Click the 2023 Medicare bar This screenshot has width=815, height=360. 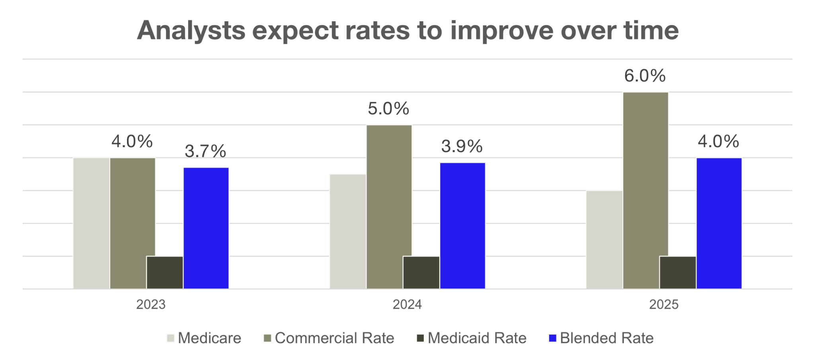(x=91, y=223)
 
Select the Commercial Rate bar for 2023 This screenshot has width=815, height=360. (x=133, y=223)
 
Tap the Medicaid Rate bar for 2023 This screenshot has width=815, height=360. (x=165, y=272)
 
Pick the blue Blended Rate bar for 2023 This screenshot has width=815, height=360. (x=206, y=228)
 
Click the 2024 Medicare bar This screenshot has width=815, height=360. (x=347, y=231)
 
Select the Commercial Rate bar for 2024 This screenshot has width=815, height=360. (x=389, y=207)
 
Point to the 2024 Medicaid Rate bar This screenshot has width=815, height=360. (x=421, y=272)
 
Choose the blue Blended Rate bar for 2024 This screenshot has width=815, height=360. (x=462, y=226)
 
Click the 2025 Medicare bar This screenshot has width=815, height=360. (x=604, y=239)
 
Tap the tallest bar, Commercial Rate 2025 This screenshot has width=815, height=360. (x=645, y=190)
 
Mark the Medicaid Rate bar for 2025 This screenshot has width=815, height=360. (x=678, y=272)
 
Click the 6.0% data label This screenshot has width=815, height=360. (x=645, y=76)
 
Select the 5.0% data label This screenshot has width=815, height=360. (x=388, y=109)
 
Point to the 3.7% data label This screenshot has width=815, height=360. (x=205, y=151)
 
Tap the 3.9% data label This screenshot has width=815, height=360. (x=462, y=146)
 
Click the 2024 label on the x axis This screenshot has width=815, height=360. (x=407, y=305)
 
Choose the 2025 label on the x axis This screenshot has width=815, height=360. (x=663, y=305)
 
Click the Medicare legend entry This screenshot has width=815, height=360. (x=203, y=338)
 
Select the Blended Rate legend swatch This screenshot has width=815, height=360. (x=552, y=338)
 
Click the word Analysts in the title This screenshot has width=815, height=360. (x=191, y=30)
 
